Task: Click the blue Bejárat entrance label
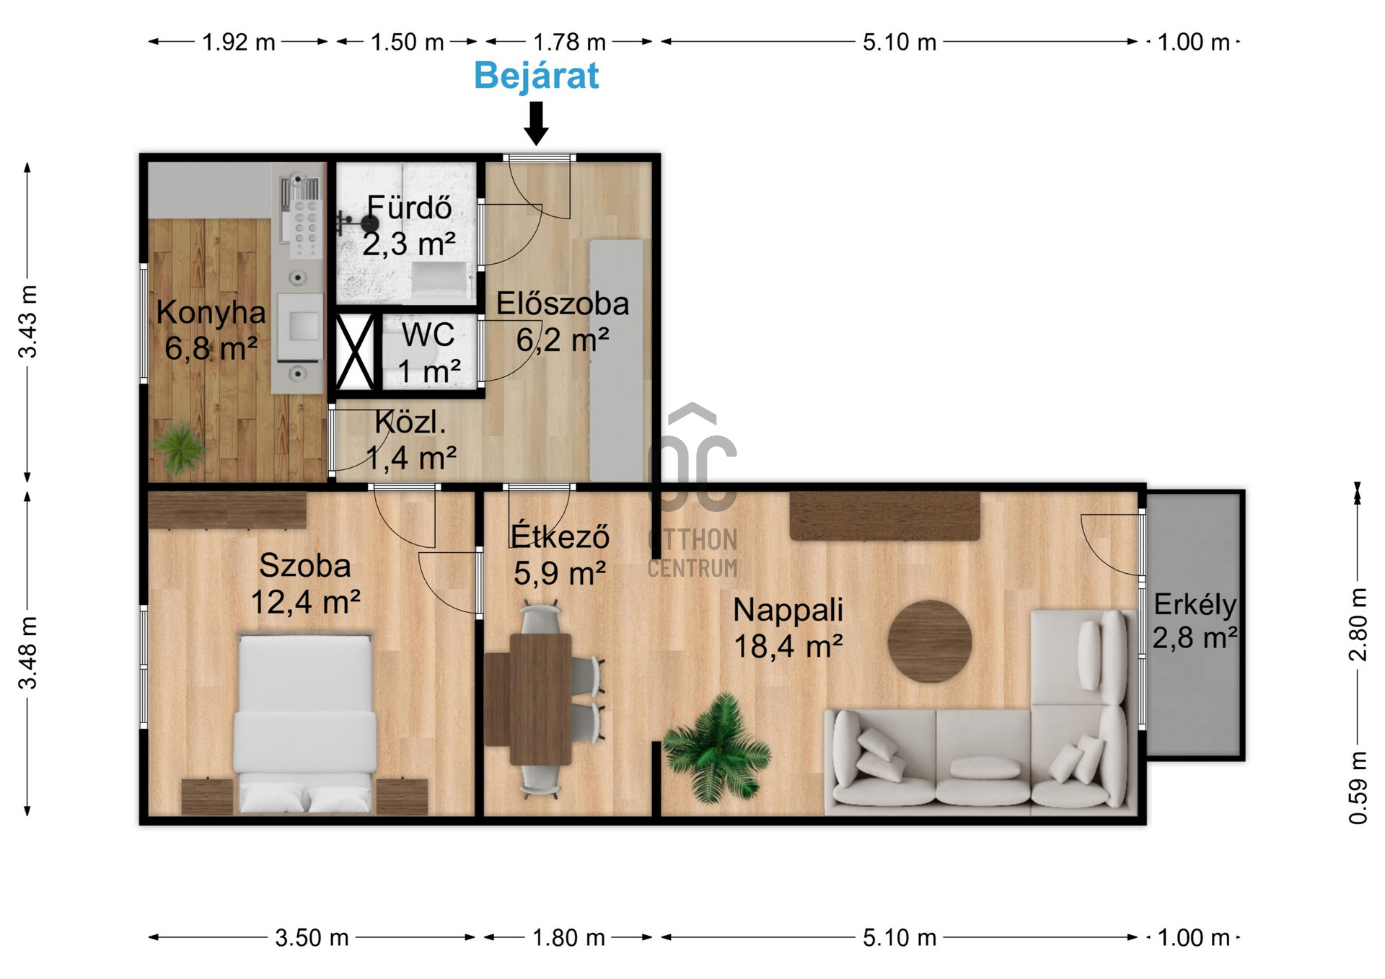536,76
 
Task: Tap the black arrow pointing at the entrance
536,123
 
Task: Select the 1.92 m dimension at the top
238,42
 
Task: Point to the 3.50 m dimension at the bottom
312,937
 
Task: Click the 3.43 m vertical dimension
27,322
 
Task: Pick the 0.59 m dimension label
1358,788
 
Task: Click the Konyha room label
211,312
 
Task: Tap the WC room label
428,335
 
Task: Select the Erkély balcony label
1195,604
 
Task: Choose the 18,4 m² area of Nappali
788,646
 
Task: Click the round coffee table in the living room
929,641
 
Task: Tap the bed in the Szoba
305,723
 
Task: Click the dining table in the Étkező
540,699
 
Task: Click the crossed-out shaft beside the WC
355,353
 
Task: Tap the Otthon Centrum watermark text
692,554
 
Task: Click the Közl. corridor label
410,422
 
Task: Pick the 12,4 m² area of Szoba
305,601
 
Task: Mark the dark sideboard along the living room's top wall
885,515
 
